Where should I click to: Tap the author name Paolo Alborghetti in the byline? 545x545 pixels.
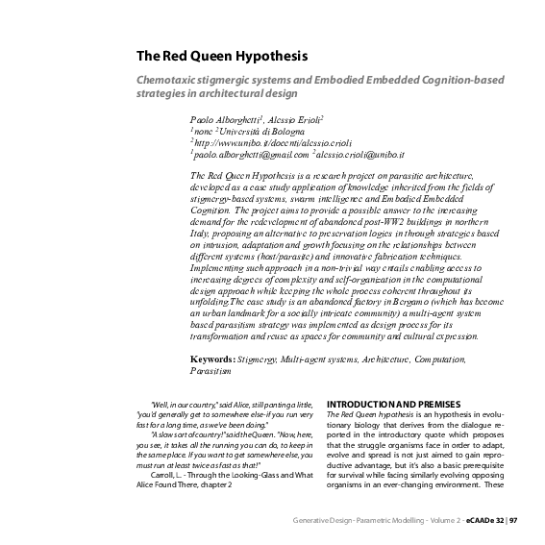[230, 117]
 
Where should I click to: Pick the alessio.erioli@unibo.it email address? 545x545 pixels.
[361, 153]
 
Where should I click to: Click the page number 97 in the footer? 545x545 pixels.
[513, 520]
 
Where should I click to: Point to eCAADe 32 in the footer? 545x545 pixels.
[485, 520]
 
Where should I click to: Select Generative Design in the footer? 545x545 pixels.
[324, 520]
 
